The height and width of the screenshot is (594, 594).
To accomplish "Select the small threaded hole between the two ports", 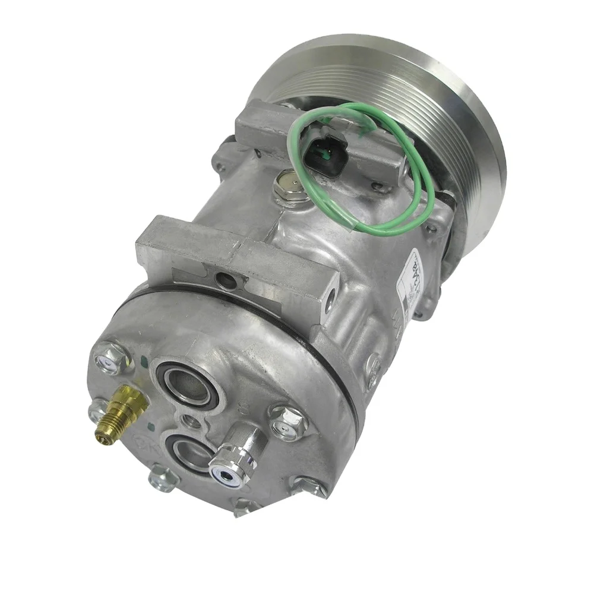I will (x=191, y=421).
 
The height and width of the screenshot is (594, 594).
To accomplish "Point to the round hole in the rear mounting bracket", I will (x=225, y=279).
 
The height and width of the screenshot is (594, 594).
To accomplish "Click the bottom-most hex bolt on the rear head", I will (x=245, y=506).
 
